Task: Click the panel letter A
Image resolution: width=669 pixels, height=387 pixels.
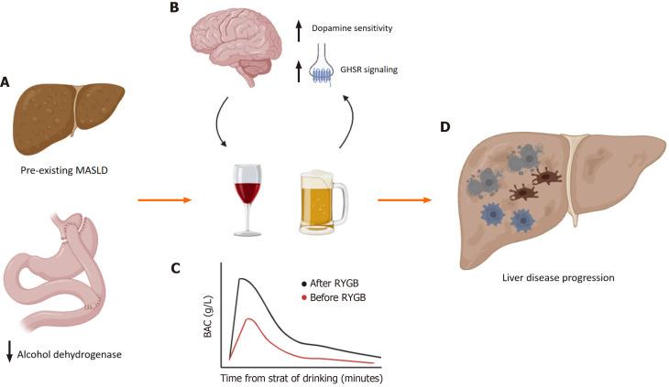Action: tap(6, 82)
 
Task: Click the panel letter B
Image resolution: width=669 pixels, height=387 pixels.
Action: tap(172, 8)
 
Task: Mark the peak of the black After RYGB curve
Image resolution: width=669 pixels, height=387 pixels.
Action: tap(241, 279)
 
